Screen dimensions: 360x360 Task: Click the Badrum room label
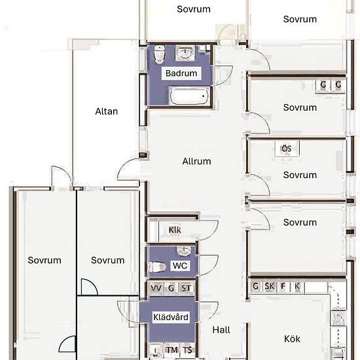pyautogui.click(x=181, y=73)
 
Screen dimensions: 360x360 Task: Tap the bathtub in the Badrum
pyautogui.click(x=189, y=96)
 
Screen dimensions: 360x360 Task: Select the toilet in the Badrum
pyautogui.click(x=159, y=54)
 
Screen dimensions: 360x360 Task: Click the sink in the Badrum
pyautogui.click(x=185, y=53)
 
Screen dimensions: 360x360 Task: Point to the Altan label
pyautogui.click(x=107, y=111)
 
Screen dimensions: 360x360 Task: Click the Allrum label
pyautogui.click(x=196, y=161)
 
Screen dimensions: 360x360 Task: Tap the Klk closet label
pyautogui.click(x=175, y=230)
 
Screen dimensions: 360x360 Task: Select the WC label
pyautogui.click(x=180, y=266)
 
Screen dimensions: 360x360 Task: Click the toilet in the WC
pyautogui.click(x=157, y=267)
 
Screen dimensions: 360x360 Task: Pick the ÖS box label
pyautogui.click(x=287, y=149)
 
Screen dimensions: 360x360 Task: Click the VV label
pyautogui.click(x=156, y=288)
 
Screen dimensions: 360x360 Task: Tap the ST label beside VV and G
pyautogui.click(x=186, y=288)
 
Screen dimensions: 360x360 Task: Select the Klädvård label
pyautogui.click(x=171, y=317)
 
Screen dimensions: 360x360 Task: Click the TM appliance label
pyautogui.click(x=172, y=350)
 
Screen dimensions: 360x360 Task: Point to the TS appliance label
pyautogui.click(x=187, y=350)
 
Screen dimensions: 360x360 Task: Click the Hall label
pyautogui.click(x=221, y=330)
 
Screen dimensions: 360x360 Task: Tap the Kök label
pyautogui.click(x=292, y=339)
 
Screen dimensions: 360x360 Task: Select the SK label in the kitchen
pyautogui.click(x=270, y=286)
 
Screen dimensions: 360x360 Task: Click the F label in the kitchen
pyautogui.click(x=283, y=286)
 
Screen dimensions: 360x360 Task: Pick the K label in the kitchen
pyautogui.click(x=297, y=286)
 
